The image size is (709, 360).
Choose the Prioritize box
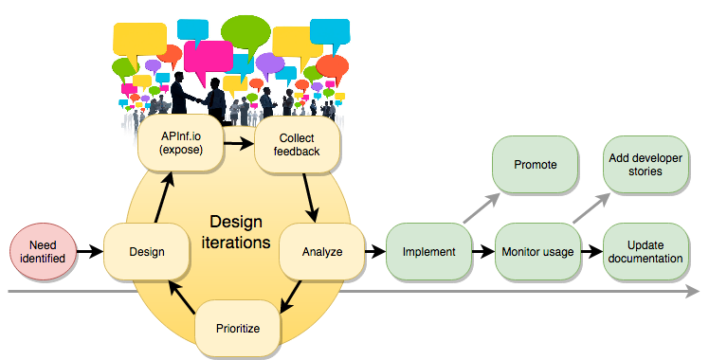[x=238, y=329]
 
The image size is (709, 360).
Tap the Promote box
[x=535, y=164]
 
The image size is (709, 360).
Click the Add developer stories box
[x=645, y=164]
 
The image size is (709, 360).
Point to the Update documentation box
[x=645, y=251]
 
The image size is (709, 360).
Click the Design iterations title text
[x=240, y=232]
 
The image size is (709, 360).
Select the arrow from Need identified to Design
[x=89, y=251]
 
